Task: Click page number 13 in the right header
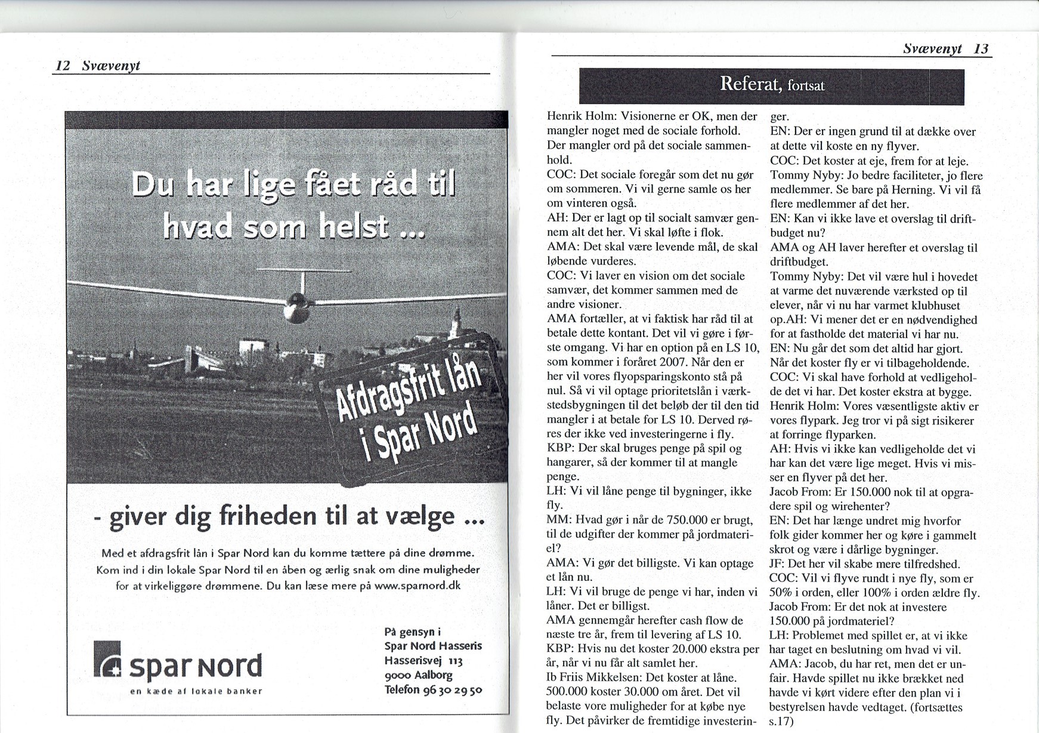[x=981, y=49]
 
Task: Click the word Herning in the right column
[x=920, y=190]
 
